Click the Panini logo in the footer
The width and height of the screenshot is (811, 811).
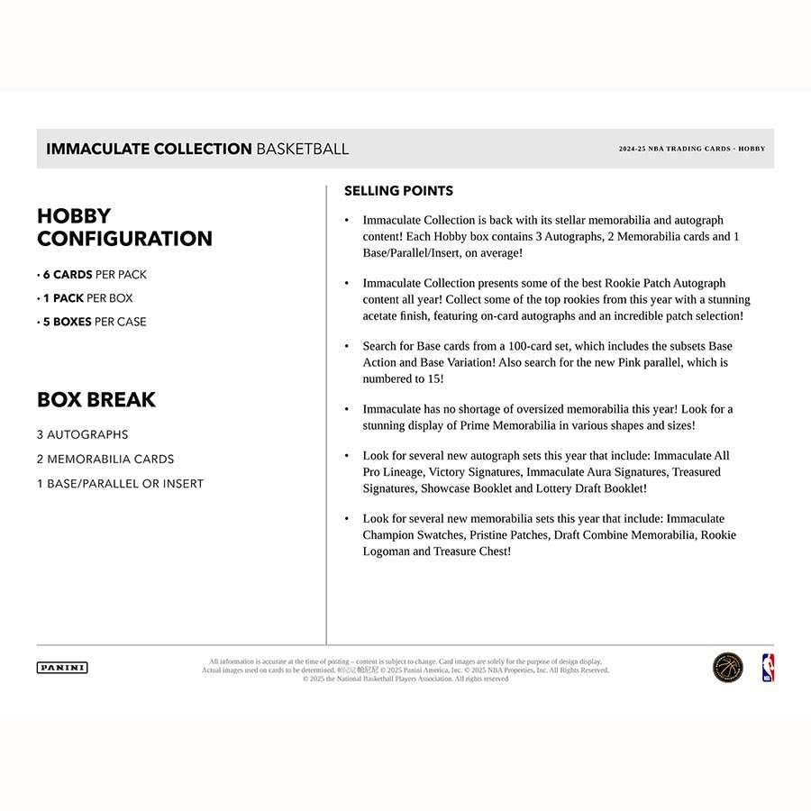(62, 668)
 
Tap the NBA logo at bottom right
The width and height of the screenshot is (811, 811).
(768, 668)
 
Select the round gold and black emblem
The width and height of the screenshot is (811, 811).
(728, 668)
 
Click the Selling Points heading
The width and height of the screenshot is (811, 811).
(398, 191)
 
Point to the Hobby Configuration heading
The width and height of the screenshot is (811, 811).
(124, 227)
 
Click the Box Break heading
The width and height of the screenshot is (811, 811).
(96, 399)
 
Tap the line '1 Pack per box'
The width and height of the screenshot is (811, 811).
(86, 298)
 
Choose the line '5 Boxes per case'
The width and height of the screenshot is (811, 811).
(92, 322)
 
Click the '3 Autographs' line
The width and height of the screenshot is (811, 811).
(83, 434)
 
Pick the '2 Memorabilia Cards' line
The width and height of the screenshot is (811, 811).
(105, 459)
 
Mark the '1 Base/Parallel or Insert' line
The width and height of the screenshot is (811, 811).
(121, 483)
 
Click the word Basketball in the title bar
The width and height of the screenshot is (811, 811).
(303, 149)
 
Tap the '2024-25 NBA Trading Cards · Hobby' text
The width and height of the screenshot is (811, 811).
(691, 149)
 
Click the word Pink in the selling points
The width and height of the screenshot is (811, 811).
(636, 362)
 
